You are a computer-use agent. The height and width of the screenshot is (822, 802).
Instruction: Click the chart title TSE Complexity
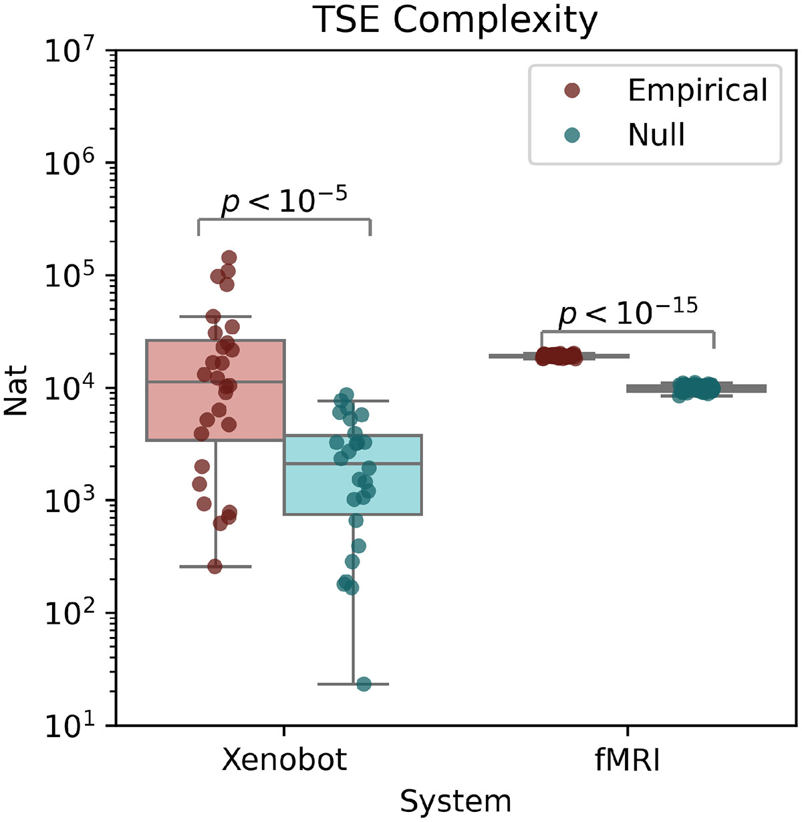click(x=455, y=20)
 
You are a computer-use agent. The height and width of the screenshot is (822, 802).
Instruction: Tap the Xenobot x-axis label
click(x=285, y=760)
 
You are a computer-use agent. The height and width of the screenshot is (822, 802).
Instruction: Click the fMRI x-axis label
click(x=627, y=760)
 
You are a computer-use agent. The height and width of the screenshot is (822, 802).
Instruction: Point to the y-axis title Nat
click(x=16, y=390)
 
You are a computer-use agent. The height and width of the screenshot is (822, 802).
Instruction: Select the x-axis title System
click(x=455, y=801)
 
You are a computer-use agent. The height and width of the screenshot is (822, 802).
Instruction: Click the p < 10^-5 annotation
click(x=284, y=200)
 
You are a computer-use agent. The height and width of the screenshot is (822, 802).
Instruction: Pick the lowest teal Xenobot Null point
click(x=364, y=684)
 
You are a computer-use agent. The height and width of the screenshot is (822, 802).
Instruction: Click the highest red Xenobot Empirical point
click(x=229, y=258)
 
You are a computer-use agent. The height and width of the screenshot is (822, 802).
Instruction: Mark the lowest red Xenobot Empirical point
click(x=215, y=566)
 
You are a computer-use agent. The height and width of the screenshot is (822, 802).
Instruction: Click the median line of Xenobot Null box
click(x=353, y=463)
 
